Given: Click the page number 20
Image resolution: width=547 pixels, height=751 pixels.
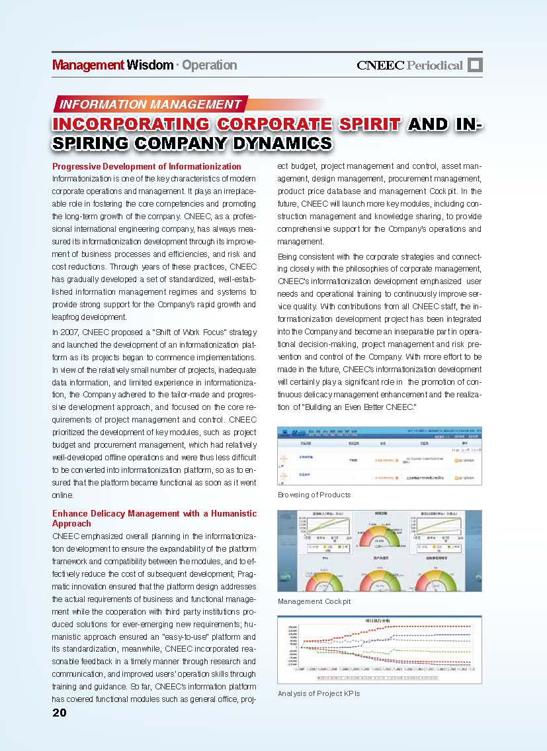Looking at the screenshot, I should click(x=60, y=713).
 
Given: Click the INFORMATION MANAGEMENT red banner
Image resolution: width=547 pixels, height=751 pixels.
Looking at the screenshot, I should click(x=151, y=104).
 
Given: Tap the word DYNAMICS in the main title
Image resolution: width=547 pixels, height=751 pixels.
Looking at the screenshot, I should click(x=278, y=142).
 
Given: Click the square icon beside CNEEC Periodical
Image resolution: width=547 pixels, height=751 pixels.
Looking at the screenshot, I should click(x=475, y=65).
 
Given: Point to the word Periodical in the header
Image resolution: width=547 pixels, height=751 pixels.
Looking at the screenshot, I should click(x=435, y=65).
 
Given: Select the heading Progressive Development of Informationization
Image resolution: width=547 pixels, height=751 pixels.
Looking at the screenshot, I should click(x=147, y=166).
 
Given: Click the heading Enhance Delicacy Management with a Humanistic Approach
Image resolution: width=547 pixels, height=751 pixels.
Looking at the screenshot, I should click(x=154, y=519).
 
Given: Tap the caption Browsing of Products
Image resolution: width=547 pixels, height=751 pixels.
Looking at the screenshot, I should click(x=314, y=495).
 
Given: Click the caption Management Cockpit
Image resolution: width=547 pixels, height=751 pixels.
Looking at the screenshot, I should click(x=314, y=601).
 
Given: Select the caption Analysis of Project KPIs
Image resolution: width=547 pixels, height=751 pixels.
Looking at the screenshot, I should click(x=319, y=693).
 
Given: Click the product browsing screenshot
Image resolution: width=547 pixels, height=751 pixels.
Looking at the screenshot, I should click(x=379, y=456).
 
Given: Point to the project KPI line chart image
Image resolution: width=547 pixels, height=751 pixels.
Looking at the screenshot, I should click(x=379, y=649).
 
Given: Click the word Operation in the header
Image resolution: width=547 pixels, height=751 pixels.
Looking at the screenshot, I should click(x=209, y=65).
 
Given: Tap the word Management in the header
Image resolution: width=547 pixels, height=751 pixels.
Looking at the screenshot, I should click(x=88, y=65).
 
